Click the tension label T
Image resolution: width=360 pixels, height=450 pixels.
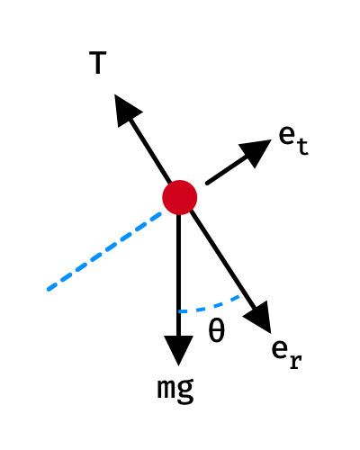point(98,63)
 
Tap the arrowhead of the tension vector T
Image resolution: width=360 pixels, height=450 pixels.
point(126,110)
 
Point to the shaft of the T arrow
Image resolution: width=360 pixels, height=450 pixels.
point(150,151)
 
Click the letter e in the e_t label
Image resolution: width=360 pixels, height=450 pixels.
point(287,135)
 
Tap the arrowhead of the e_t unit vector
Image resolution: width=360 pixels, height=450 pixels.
point(256,151)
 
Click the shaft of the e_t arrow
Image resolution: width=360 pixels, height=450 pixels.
point(229,169)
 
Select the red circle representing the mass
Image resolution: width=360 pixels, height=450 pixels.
point(180,197)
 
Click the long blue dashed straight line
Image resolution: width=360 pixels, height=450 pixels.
point(104,251)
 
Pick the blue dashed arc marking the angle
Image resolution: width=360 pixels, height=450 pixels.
point(210,307)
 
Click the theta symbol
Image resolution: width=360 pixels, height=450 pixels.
point(217,330)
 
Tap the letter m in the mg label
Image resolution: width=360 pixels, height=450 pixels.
point(166,389)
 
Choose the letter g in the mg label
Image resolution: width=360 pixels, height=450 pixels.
point(185,391)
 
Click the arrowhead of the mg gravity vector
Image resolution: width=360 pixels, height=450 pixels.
point(179,350)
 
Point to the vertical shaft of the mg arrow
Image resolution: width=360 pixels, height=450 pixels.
point(179,275)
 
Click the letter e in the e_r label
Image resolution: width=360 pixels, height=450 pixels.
point(280,349)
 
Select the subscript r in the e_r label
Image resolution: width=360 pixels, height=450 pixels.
point(295,362)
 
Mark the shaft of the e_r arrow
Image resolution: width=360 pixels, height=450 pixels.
point(223,260)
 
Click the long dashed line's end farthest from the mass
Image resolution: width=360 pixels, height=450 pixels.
point(48,290)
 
